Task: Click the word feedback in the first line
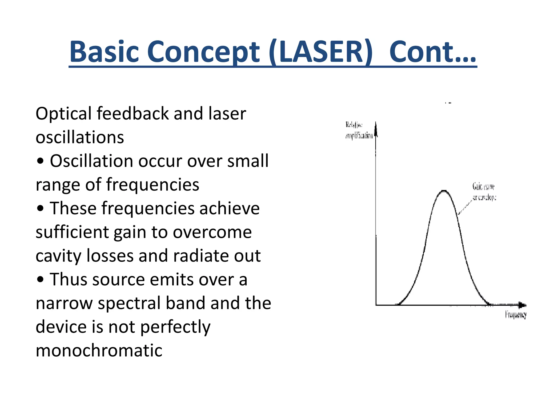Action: pyautogui.click(x=133, y=113)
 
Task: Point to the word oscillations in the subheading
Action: pyautogui.click(x=80, y=137)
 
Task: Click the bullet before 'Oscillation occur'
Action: pyautogui.click(x=40, y=161)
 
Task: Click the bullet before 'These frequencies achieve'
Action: pyautogui.click(x=40, y=208)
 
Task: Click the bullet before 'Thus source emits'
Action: pyautogui.click(x=40, y=280)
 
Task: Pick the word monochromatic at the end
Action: pyautogui.click(x=99, y=350)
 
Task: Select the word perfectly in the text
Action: pyautogui.click(x=175, y=327)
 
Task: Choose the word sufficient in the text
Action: pyautogui.click(x=72, y=232)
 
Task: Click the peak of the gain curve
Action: pyautogui.click(x=444, y=191)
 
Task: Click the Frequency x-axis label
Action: pyautogui.click(x=516, y=315)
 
